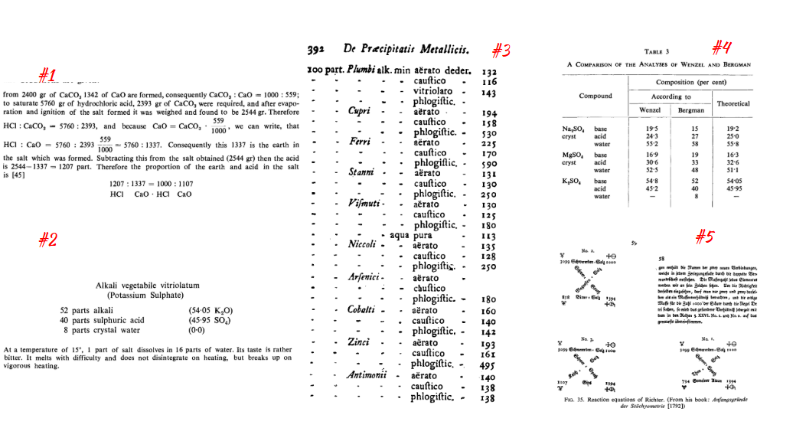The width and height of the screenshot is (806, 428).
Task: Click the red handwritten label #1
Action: tap(47, 75)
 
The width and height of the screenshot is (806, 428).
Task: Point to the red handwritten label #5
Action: tap(704, 237)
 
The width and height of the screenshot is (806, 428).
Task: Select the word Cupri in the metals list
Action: tap(360, 112)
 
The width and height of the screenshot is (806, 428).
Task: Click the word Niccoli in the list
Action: tap(363, 244)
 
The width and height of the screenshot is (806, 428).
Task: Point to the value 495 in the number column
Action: tap(488, 365)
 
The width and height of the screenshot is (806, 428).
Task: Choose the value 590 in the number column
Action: tap(488, 164)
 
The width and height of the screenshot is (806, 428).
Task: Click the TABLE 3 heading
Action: tap(658, 51)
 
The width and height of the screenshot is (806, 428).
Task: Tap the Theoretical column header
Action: tap(733, 103)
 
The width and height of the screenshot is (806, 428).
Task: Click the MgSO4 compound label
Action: tap(575, 154)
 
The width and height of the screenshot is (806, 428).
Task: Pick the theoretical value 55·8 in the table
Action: tap(734, 144)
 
